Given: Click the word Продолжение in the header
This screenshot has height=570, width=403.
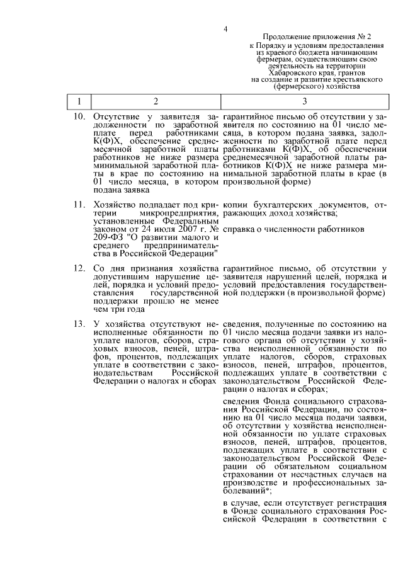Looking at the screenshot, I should pyautogui.click(x=284, y=38).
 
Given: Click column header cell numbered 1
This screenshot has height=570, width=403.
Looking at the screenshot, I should pyautogui.click(x=79, y=101).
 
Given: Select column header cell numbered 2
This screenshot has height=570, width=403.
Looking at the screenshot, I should pyautogui.click(x=156, y=101).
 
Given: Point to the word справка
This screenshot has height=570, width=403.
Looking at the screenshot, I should pyautogui.click(x=239, y=230).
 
